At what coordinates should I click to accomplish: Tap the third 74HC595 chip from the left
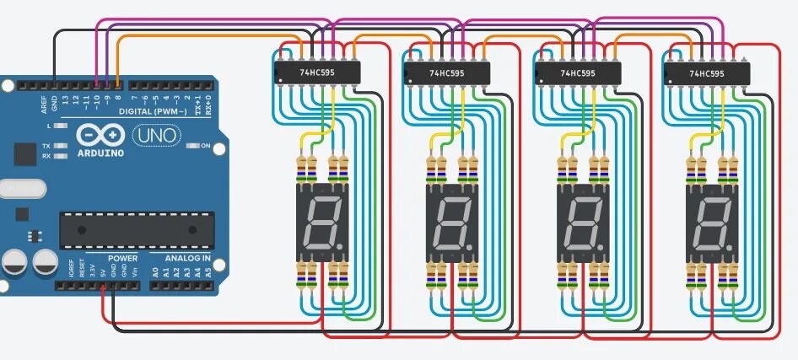pos(577,73)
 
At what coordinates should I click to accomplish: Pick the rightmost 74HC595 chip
pos(707,73)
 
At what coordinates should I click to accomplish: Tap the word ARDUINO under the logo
pos(100,153)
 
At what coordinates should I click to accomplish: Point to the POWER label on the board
pos(122,258)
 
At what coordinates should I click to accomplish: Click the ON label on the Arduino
pos(205,146)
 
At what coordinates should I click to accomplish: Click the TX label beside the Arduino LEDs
pos(46,146)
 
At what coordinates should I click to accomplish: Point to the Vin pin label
pos(134,272)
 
